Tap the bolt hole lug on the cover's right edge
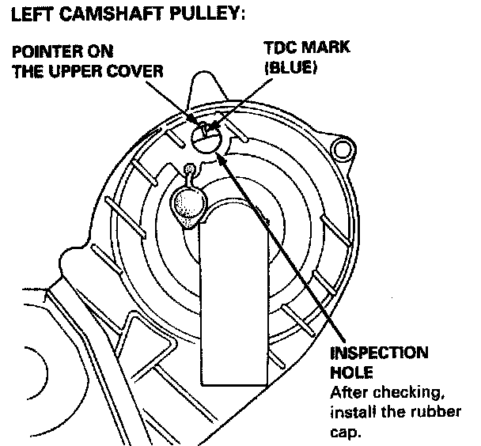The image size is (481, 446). pyautogui.click(x=342, y=148)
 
